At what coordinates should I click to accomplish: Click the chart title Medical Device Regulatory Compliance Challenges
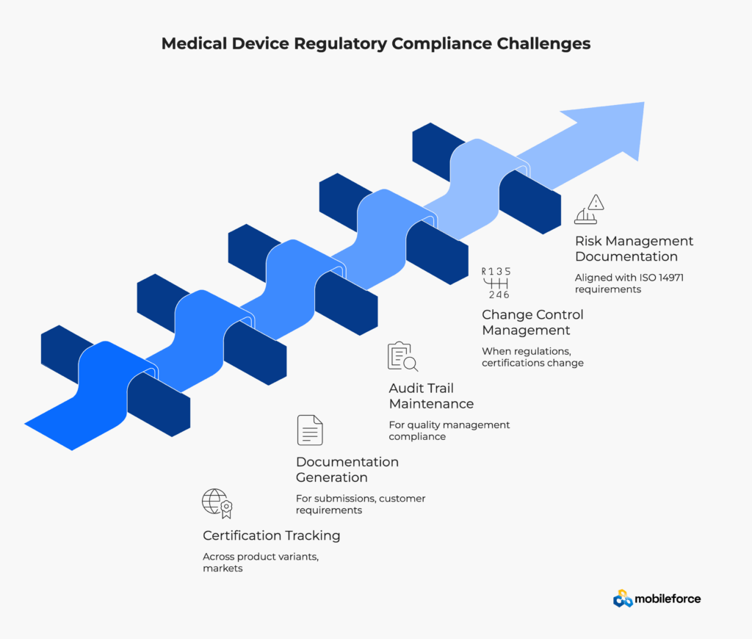376,43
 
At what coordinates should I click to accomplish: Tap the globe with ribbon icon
217,503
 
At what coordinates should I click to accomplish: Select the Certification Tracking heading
272,535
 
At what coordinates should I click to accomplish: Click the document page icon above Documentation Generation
310,430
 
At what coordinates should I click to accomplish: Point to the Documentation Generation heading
347,469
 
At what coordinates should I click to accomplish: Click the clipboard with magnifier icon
402,356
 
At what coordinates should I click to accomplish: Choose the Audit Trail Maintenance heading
431,396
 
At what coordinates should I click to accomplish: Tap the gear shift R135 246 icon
496,283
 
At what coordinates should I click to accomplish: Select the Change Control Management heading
532,322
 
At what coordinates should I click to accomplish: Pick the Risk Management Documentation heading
634,248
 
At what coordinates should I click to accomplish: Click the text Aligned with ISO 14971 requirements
629,283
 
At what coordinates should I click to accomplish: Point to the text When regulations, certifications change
532,357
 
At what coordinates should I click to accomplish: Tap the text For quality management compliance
449,430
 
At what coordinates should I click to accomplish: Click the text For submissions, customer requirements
361,504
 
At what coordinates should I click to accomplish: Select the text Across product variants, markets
261,562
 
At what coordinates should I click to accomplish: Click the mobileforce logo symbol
623,598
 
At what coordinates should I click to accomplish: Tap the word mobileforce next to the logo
668,599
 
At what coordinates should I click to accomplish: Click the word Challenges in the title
543,43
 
